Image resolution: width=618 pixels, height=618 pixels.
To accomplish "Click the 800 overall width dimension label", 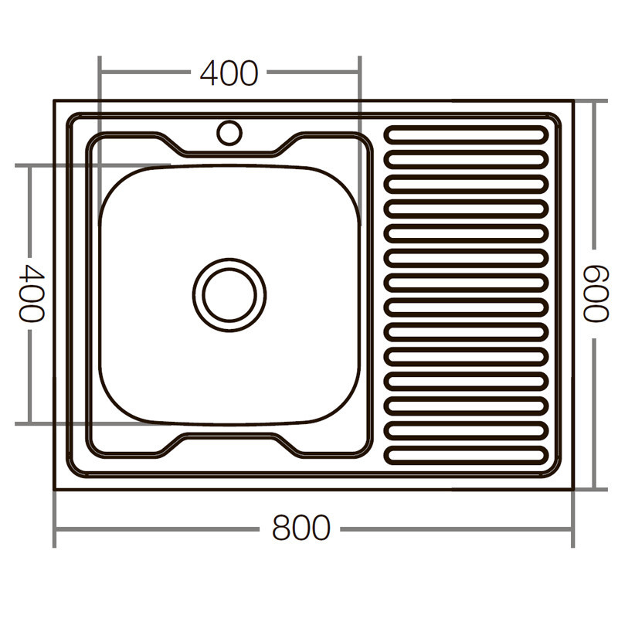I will [x=301, y=529].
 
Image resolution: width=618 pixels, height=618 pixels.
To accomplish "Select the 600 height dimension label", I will [x=596, y=294].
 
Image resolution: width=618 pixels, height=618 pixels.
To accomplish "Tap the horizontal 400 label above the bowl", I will [x=229, y=73].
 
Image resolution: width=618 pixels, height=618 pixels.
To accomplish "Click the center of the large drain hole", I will [x=229, y=295].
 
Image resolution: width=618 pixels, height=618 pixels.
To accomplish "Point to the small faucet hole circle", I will [x=229, y=132].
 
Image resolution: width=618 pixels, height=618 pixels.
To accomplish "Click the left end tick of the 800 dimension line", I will [x=54, y=529].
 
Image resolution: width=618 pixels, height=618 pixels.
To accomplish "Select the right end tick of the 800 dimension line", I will [x=572, y=529].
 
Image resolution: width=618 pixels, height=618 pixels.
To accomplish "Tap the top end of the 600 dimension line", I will [x=596, y=101].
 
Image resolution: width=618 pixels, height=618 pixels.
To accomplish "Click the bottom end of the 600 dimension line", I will [x=596, y=490].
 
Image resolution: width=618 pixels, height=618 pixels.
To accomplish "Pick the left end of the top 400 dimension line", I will [x=100, y=73].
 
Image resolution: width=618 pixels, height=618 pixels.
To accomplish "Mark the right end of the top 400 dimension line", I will [x=359, y=73].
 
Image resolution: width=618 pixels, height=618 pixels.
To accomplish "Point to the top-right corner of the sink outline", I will [x=572, y=101].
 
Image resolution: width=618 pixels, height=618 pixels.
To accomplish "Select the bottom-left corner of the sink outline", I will [x=54, y=490].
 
